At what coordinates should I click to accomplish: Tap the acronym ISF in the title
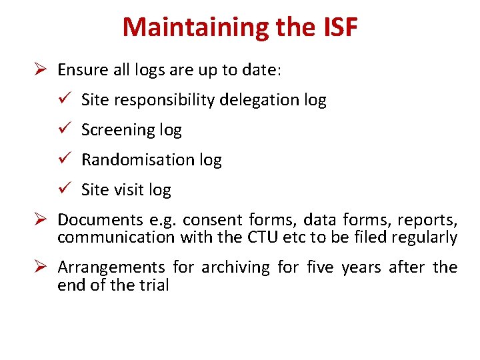339,27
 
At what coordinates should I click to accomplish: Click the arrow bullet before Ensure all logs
41,69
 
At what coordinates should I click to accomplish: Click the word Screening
118,130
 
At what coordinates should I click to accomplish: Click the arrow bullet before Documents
41,219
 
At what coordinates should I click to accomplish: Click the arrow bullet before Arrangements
41,267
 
